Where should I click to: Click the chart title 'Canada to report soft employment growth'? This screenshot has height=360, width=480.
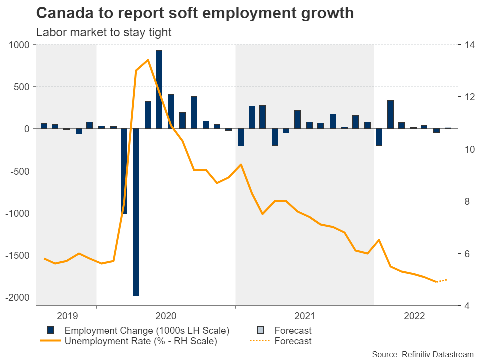click(x=195, y=13)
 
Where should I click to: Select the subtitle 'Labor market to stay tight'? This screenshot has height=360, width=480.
click(x=104, y=33)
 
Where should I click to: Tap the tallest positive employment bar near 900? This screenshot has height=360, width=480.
click(x=159, y=89)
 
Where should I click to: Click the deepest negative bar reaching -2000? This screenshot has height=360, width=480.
click(x=136, y=212)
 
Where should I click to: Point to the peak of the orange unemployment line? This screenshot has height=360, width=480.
click(x=148, y=60)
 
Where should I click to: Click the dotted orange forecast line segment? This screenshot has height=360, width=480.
click(x=442, y=281)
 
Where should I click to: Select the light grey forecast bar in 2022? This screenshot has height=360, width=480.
click(x=448, y=128)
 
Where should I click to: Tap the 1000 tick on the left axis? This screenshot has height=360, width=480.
click(x=19, y=45)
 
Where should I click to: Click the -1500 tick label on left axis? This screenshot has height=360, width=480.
click(x=17, y=255)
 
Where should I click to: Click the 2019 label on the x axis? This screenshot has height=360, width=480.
click(x=67, y=316)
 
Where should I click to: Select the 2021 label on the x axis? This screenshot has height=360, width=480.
click(x=304, y=316)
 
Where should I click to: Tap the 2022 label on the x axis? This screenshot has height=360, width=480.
click(x=414, y=316)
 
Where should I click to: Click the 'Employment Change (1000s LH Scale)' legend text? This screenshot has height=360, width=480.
click(x=147, y=330)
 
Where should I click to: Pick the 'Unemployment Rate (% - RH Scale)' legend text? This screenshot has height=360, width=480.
click(x=141, y=341)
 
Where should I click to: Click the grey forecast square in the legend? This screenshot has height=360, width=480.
click(x=260, y=330)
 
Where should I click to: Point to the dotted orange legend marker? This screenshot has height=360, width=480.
click(x=260, y=341)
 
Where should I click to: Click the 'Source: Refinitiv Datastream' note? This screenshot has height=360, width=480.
click(x=422, y=354)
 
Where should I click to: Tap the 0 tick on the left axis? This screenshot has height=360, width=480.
click(x=26, y=129)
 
